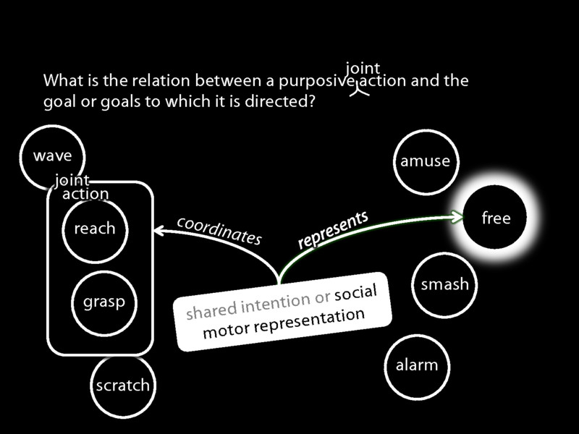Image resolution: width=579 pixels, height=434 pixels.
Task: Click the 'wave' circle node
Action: coord(52,156)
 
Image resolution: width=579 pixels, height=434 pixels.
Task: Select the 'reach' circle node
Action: coord(95,229)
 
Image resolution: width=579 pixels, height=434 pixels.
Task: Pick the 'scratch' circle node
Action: coord(122,385)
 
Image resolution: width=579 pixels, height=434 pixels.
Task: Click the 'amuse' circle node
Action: coord(425,161)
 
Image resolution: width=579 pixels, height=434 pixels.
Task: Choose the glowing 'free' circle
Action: coord(496,218)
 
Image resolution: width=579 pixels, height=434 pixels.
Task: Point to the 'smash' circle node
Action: coord(444,284)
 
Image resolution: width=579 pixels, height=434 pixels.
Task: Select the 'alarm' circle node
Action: coord(417,365)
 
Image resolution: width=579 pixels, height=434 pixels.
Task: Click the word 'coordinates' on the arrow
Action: coord(219,230)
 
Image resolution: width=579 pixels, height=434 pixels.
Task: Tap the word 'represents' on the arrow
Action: coord(333,230)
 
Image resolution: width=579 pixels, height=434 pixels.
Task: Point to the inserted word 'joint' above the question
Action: coord(363,69)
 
